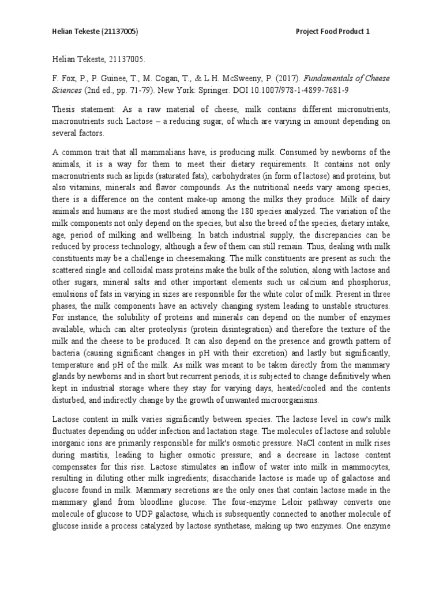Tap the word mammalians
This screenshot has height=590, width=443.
coord(170,152)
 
